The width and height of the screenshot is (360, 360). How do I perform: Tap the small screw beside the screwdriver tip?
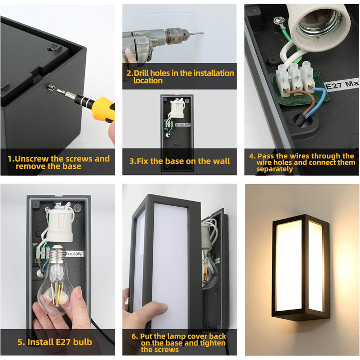click(x=51, y=87)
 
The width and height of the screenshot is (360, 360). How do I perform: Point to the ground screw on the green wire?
click(x=278, y=21)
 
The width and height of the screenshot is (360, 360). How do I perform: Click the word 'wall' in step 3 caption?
click(x=221, y=161)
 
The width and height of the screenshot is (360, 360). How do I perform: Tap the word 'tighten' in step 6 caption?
click(x=212, y=343)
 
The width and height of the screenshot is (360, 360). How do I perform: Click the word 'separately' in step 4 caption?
click(x=275, y=169)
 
